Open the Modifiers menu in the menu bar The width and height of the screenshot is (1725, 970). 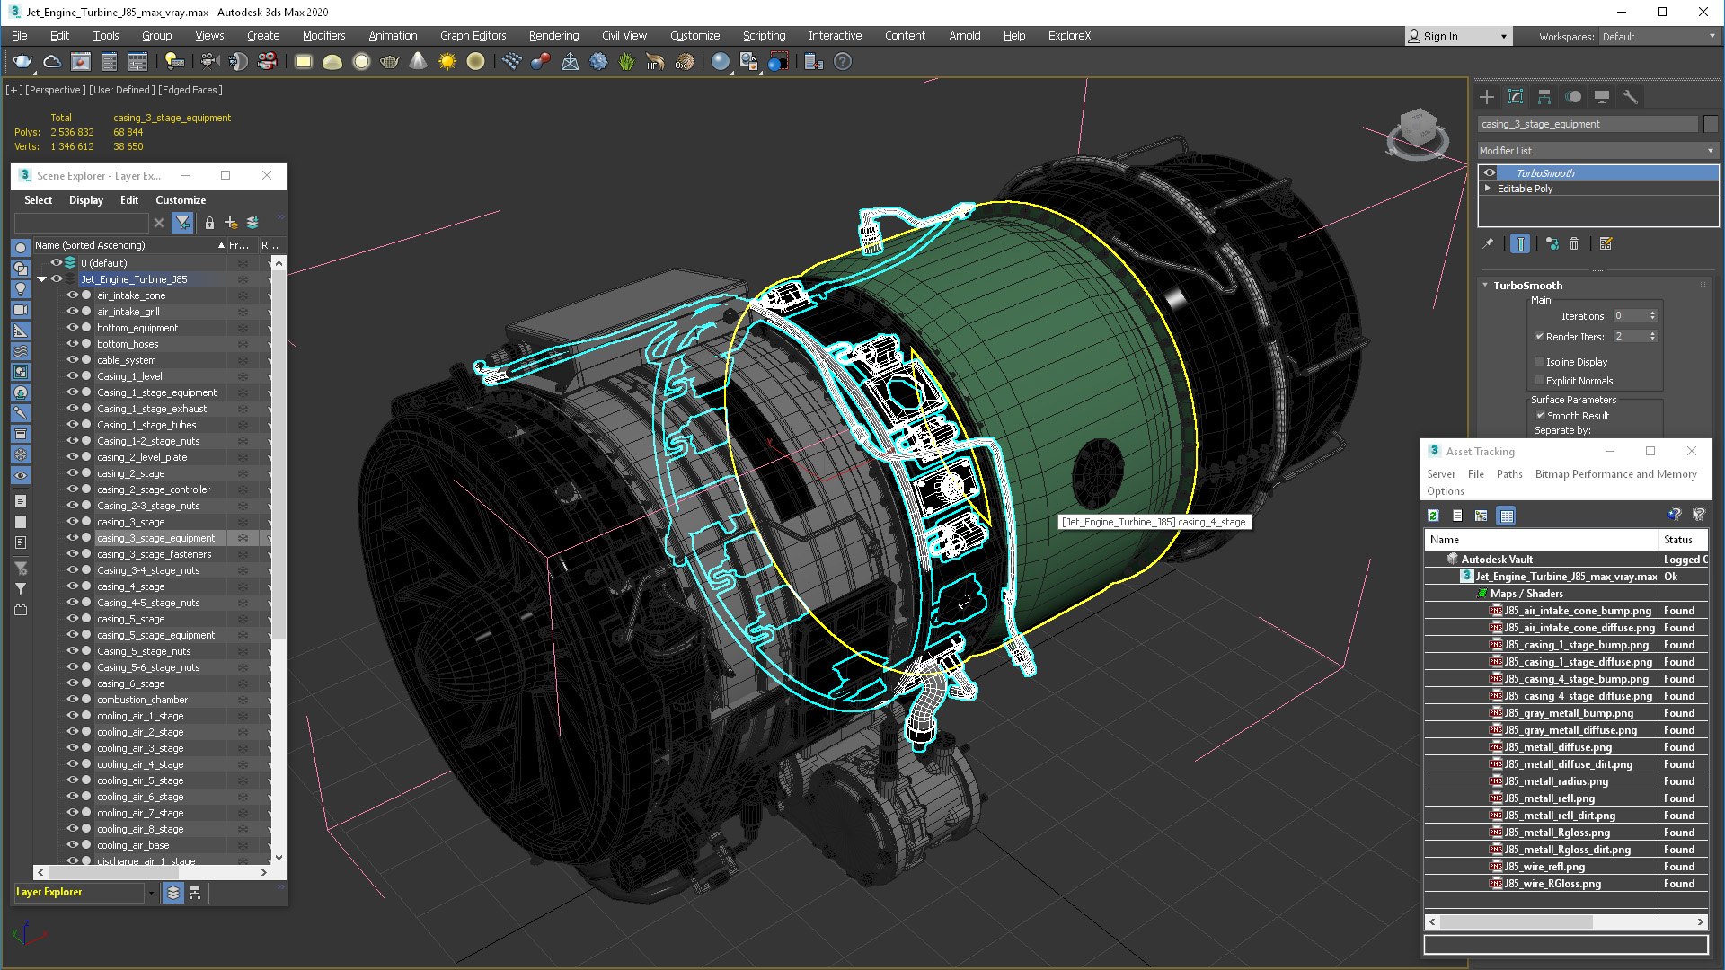click(323, 36)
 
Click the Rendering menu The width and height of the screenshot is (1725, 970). click(553, 36)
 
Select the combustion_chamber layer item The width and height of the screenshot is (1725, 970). click(142, 700)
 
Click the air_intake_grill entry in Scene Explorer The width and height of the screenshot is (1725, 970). click(128, 312)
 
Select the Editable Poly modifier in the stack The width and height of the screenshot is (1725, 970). click(1525, 189)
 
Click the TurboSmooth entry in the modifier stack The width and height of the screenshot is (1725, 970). click(1544, 173)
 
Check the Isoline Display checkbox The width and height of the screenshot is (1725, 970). click(1540, 362)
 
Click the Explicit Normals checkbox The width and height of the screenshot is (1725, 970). click(1540, 381)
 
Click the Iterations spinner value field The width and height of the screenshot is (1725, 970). click(1629, 316)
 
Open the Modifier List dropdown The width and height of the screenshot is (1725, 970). click(1597, 151)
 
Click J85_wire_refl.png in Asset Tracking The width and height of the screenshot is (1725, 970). click(1544, 867)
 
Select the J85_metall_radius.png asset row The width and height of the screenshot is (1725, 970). click(1556, 781)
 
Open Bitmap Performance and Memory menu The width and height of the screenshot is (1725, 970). click(1615, 474)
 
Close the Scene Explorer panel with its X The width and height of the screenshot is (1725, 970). click(267, 176)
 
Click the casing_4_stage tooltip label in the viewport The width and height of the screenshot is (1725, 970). click(1154, 522)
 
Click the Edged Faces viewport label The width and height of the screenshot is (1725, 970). click(190, 90)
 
